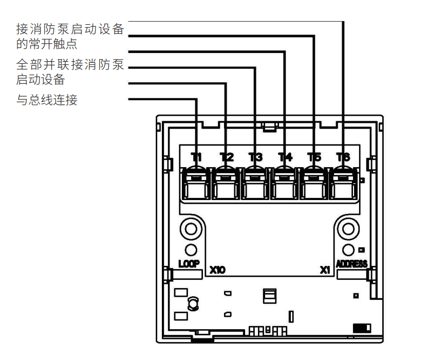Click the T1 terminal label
[x=197, y=157]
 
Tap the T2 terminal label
[x=227, y=157]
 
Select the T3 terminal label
[x=255, y=157]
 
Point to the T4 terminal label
[x=285, y=157]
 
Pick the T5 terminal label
[x=314, y=157]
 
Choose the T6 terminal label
[x=343, y=157]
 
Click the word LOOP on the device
[x=189, y=264]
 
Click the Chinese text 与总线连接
[x=47, y=100]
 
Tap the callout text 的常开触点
[x=47, y=44]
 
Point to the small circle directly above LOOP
[x=190, y=250]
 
